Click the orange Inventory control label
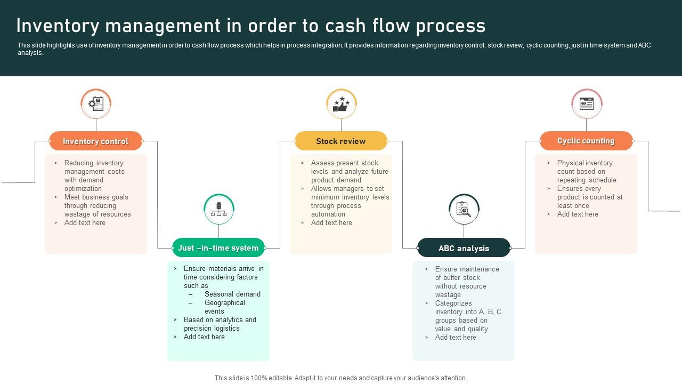[x=96, y=141]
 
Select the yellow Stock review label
[x=341, y=141]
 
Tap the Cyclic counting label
[x=586, y=141]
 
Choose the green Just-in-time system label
[x=218, y=248]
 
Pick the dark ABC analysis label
[x=464, y=249]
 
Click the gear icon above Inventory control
[x=96, y=103]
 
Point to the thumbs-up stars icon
[x=341, y=103]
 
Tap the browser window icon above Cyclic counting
[x=587, y=103]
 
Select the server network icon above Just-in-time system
[x=218, y=209]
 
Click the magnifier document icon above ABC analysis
[x=464, y=209]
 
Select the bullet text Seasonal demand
[x=232, y=294]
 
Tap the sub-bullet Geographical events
[x=224, y=307]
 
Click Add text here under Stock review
[x=331, y=223]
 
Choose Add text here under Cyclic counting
[x=578, y=214]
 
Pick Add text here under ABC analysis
[x=456, y=338]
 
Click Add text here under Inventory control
[x=85, y=223]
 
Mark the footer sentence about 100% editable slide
[x=341, y=378]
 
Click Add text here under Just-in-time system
[x=204, y=337]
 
